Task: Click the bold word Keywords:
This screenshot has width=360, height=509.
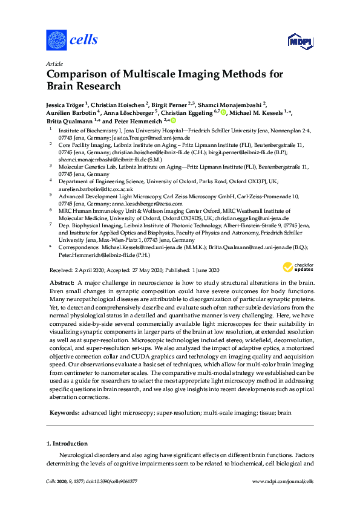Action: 64,413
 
